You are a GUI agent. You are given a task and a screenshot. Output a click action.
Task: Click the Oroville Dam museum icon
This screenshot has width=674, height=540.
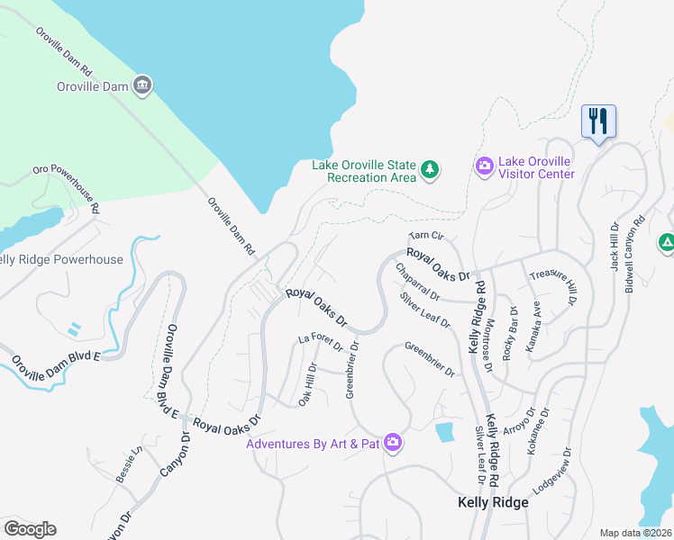coord(141,85)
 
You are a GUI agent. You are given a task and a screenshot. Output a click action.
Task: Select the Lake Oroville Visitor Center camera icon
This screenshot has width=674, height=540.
coord(484,166)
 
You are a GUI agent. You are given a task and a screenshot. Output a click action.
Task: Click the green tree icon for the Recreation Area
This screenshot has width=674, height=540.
coord(431,169)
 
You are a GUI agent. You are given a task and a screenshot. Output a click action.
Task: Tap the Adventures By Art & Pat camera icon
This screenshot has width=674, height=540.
coord(392,442)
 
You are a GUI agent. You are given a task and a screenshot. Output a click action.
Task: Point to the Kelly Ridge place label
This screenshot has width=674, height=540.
coord(493,502)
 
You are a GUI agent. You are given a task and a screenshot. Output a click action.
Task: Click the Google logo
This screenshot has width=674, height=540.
coord(30,529)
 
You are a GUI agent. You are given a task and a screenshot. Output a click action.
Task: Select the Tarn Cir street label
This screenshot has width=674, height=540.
coord(426,236)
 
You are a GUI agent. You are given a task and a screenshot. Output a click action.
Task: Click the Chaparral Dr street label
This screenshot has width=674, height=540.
coord(417,283)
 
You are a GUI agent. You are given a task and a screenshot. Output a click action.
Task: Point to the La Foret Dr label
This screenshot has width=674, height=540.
coord(321,342)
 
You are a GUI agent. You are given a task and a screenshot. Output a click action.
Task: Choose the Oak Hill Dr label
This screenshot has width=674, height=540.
coord(307,384)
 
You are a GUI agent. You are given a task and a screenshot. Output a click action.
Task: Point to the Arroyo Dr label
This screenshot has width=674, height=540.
coord(519,420)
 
